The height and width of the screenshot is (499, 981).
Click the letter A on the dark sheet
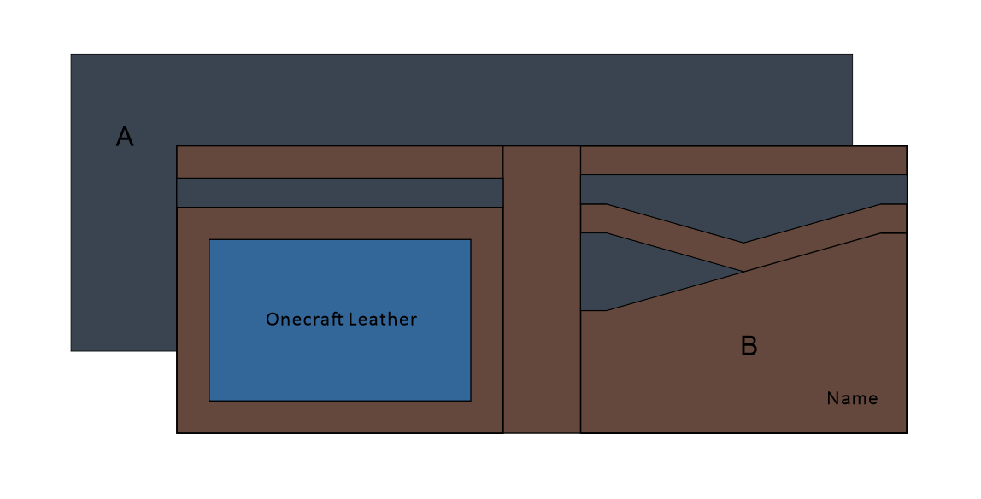pos(125,137)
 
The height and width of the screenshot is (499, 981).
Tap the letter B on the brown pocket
pos(749,346)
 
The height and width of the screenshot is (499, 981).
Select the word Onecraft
pos(303,320)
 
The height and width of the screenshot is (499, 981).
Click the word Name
pos(852,398)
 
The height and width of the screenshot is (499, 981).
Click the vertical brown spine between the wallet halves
pos(542,290)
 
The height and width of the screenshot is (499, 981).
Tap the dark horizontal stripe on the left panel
pos(339,192)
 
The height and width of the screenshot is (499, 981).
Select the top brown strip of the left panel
pos(339,161)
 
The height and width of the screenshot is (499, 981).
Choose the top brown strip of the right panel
pos(743,160)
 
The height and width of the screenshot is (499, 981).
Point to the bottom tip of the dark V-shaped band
pos(743,242)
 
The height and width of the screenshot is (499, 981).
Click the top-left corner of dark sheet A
pos(71,55)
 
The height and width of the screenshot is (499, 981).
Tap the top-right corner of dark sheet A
pos(852,55)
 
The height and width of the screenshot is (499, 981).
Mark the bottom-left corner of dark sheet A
pos(71,350)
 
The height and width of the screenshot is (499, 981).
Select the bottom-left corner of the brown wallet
pos(177,433)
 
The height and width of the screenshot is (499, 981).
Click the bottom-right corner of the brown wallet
pos(906,433)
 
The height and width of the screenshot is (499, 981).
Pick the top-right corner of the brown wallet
pos(906,146)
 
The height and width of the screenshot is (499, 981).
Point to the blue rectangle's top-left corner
pos(209,239)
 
